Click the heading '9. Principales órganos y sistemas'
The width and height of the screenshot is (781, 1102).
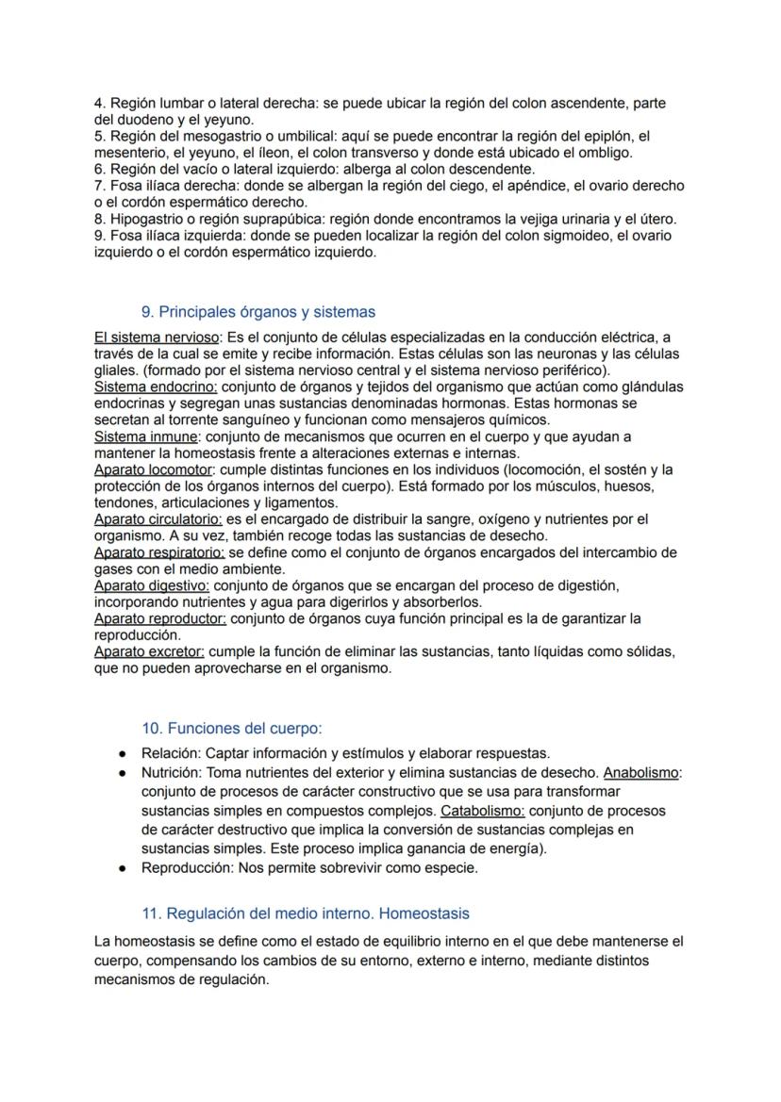click(x=258, y=312)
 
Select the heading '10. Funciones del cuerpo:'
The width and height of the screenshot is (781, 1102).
click(x=232, y=729)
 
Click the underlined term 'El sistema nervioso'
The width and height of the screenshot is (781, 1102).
click(x=157, y=337)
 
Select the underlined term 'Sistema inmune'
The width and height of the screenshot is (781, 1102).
click(x=146, y=436)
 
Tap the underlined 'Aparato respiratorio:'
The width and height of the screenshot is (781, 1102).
click(x=159, y=552)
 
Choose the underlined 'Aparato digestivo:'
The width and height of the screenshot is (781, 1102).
click(x=152, y=585)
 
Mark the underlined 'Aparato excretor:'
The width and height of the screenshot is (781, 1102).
click(x=150, y=651)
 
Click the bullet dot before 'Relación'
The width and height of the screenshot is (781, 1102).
click(x=123, y=753)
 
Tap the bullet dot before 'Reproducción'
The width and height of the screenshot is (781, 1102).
click(x=123, y=868)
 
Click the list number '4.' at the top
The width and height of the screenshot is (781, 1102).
click(x=101, y=103)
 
